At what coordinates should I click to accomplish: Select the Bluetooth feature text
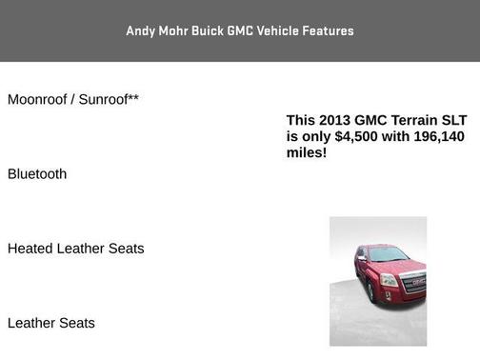coord(37,174)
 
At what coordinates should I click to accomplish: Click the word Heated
coord(30,249)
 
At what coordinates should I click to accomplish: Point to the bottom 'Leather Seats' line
coord(51,323)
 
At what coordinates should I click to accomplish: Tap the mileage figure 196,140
coord(440,136)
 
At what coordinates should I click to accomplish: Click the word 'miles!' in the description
coord(307,152)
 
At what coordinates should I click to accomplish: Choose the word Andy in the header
coord(139,30)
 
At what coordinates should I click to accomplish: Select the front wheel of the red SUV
coord(366,290)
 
